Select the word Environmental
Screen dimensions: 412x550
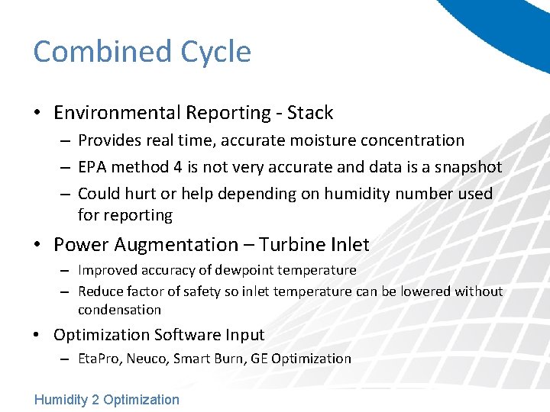pyautogui.click(x=118, y=113)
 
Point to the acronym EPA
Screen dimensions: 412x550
pyautogui.click(x=94, y=167)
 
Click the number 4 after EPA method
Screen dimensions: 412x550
pyautogui.click(x=175, y=167)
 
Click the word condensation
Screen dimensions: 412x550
pyautogui.click(x=119, y=310)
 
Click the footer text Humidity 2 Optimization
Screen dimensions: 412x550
pyautogui.click(x=107, y=399)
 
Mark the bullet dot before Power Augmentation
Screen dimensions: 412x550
pyautogui.click(x=38, y=246)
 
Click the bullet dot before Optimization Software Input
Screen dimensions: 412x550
pyautogui.click(x=38, y=336)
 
